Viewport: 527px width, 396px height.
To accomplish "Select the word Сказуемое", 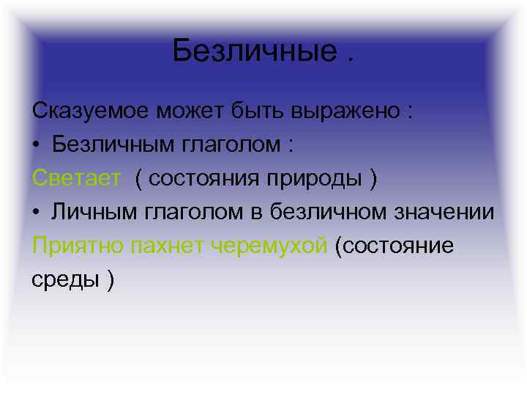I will pos(91,111).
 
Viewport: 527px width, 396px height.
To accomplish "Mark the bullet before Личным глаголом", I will pos(37,213).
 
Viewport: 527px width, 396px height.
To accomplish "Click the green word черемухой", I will pos(269,246).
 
